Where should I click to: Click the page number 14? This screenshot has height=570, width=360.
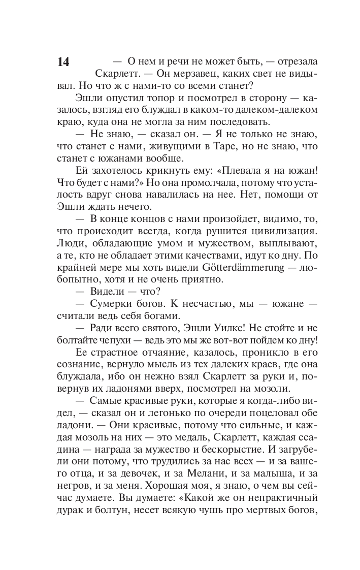[63, 62]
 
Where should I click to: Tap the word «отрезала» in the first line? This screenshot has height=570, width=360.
[295, 61]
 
